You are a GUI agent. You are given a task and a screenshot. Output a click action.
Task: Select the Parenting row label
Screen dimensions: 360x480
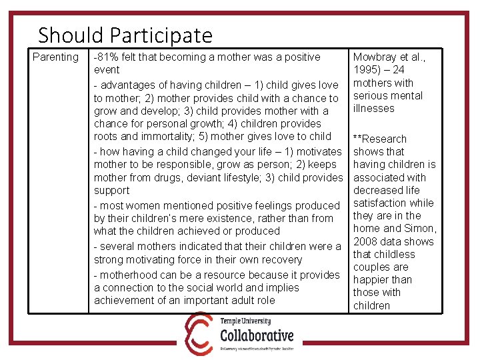[55, 57]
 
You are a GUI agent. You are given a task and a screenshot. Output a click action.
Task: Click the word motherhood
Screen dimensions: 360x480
[129, 275]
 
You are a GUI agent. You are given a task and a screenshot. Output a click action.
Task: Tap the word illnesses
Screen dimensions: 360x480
[373, 109]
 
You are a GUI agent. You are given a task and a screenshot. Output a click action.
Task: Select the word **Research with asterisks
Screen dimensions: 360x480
[379, 139]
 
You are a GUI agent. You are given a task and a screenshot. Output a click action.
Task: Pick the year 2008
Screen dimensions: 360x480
[366, 241]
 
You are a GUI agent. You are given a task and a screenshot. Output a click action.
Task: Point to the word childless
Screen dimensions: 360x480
[394, 254]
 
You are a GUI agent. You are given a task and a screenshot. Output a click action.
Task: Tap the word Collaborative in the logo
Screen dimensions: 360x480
[257, 334]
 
